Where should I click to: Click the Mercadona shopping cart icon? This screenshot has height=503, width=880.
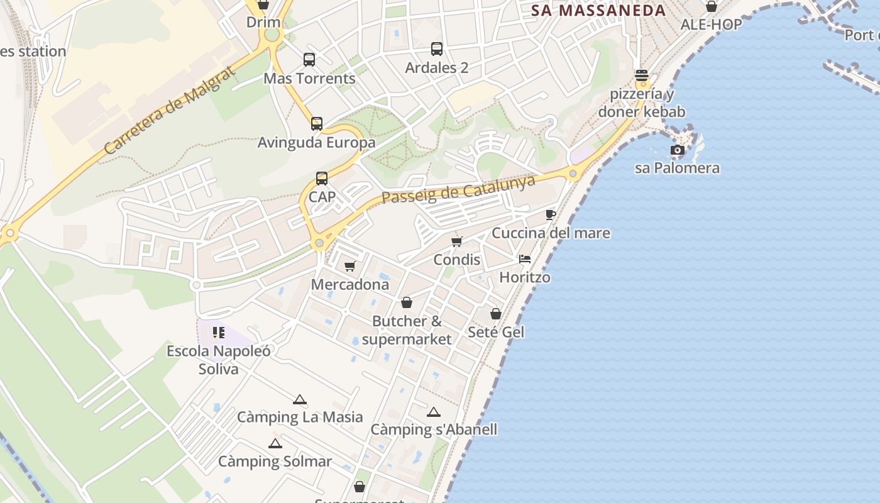350,267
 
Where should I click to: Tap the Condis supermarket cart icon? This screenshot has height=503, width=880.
457,241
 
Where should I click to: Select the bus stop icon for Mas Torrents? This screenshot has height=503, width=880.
309,60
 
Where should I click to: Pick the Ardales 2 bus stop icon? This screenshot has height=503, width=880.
437,48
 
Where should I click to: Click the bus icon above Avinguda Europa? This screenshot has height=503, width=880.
317,124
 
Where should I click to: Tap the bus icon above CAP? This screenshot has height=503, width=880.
322,179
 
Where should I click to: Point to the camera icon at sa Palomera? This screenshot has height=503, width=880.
677,150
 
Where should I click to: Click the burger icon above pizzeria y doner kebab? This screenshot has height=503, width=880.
642,75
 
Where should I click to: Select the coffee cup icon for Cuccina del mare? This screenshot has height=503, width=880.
551,214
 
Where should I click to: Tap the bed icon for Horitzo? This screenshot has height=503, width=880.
525,258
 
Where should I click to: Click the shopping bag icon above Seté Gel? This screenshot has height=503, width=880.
496,313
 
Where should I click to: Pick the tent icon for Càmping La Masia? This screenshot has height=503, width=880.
300,399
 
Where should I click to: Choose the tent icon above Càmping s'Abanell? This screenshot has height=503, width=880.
433,412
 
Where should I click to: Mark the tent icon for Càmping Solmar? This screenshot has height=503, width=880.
275,444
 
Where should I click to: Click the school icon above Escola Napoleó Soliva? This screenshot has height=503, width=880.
218,332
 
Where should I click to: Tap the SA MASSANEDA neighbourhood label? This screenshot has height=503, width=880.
598,11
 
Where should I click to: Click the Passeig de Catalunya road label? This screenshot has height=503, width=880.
458,189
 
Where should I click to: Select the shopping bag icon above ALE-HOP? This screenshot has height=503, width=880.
712,6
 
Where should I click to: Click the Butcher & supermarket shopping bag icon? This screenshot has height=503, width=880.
407,302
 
